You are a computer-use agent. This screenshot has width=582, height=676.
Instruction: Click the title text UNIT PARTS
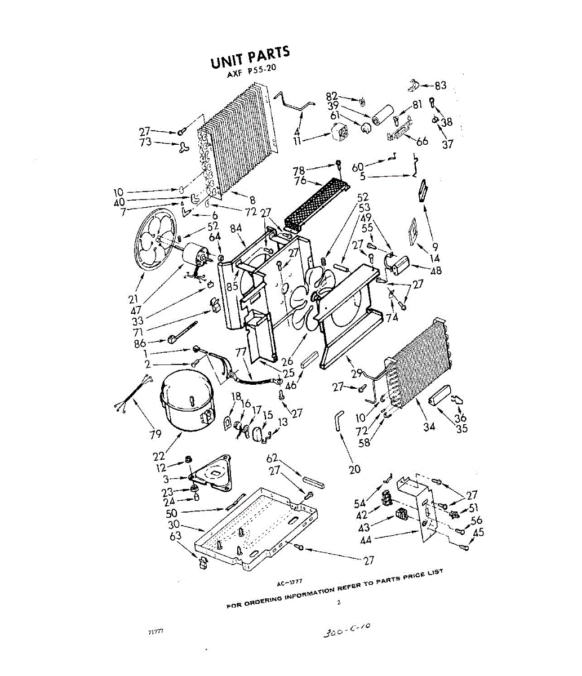tap(250, 57)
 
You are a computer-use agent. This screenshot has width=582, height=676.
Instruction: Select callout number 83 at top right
tap(441, 86)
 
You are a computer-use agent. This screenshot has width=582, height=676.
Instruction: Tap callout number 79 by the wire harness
tap(155, 434)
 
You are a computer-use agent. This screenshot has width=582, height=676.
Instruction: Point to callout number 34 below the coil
tap(429, 426)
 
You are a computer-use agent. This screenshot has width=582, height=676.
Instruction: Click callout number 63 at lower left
tap(176, 535)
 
